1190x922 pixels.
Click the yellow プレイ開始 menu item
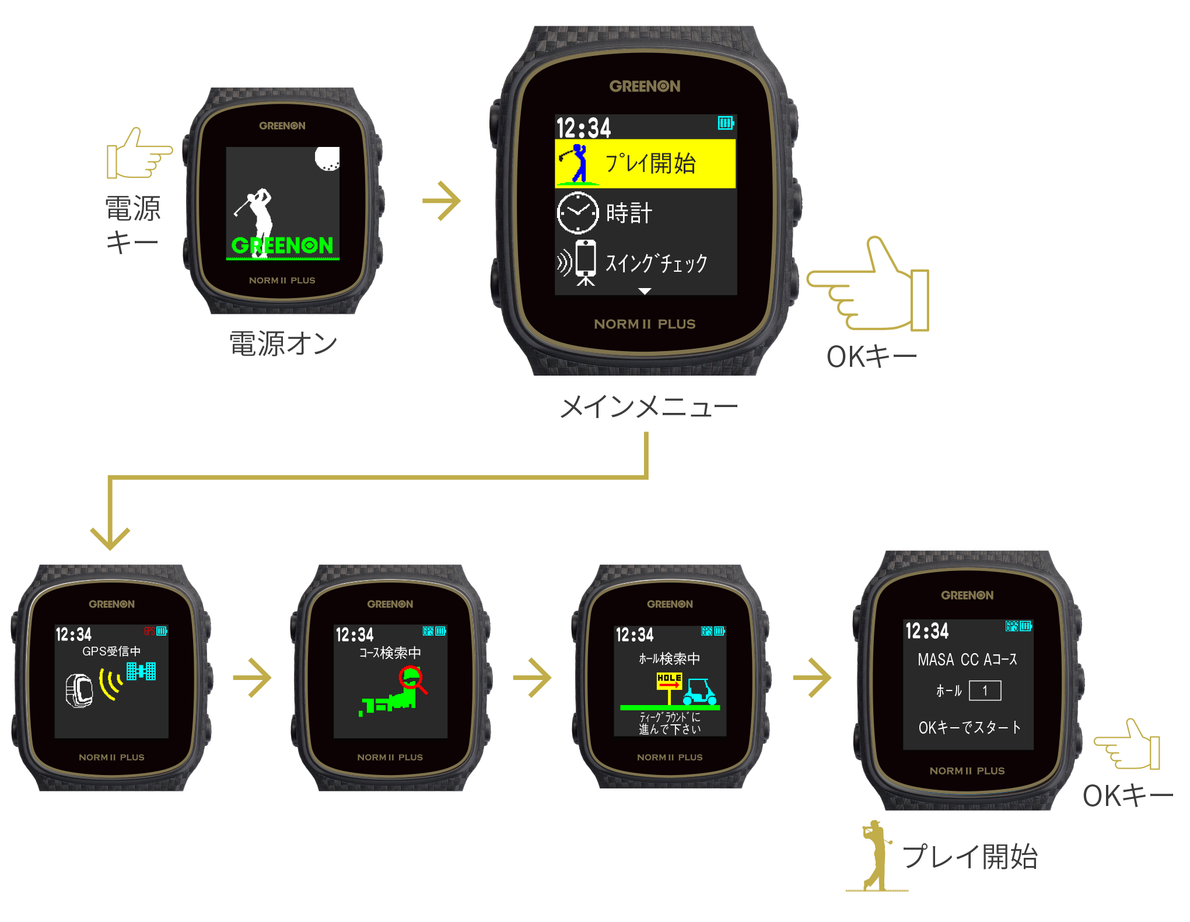click(645, 163)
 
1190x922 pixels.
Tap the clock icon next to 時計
click(577, 213)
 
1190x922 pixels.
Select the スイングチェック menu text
click(656, 263)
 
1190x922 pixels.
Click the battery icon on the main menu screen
click(726, 123)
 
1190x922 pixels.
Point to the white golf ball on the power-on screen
click(327, 158)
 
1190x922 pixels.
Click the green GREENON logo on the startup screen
click(282, 246)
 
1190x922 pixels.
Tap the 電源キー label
click(132, 225)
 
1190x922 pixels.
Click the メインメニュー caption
click(648, 406)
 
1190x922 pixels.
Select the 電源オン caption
click(283, 343)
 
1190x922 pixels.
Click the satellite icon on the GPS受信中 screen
click(141, 671)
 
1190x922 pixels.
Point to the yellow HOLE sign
click(669, 679)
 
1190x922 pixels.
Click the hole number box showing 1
click(985, 691)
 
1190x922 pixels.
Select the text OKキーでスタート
click(969, 727)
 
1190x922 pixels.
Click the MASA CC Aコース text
click(967, 660)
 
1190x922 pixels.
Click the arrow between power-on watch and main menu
click(442, 201)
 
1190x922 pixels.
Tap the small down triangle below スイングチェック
click(645, 290)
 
